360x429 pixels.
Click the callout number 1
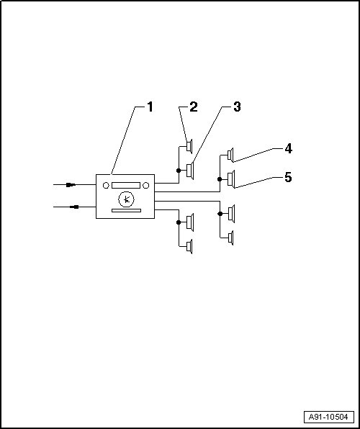point(150,107)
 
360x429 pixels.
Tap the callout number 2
point(193,107)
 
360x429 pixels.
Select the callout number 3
point(237,107)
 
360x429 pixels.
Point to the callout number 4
point(288,149)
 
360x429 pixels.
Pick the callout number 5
point(288,178)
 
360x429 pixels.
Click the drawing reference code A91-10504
point(328,417)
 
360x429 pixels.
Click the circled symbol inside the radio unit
point(126,199)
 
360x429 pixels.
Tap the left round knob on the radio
point(106,186)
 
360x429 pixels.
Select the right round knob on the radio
point(146,186)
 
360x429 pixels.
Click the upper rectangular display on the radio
point(126,186)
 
